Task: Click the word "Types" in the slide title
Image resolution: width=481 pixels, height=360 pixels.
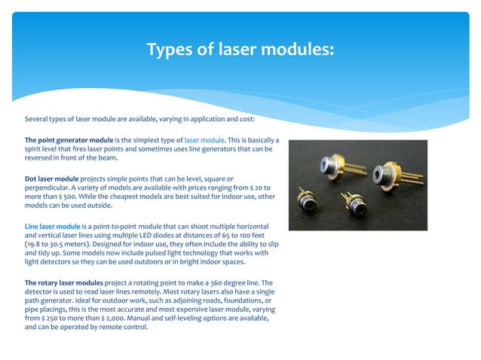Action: (x=168, y=50)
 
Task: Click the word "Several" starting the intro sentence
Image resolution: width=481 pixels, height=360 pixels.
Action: (x=38, y=119)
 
